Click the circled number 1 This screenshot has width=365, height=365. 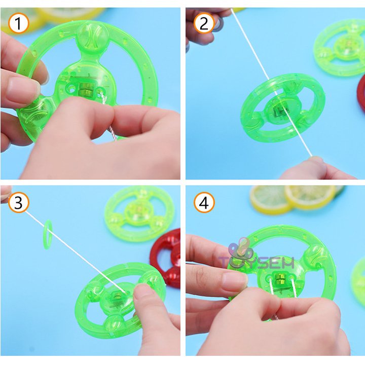click(x=19, y=23)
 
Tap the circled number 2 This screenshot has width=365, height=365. click(x=204, y=23)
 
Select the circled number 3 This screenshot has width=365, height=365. click(x=19, y=203)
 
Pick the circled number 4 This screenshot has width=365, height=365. click(x=204, y=203)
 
